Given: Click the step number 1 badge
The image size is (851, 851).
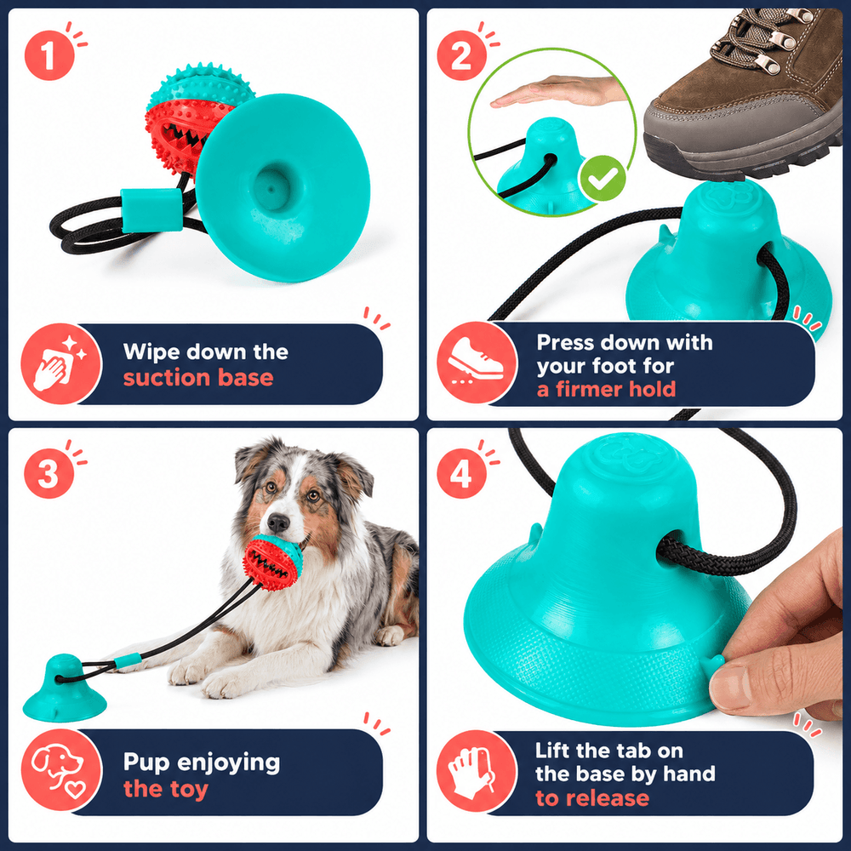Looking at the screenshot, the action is (x=49, y=55).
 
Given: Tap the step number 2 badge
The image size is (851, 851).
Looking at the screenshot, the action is (x=461, y=55).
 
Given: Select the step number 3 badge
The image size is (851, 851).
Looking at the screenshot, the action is (x=49, y=473).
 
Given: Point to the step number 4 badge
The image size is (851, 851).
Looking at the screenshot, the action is (x=461, y=473).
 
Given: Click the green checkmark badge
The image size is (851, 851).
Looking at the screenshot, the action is (x=603, y=179).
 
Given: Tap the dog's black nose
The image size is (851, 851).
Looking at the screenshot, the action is (x=278, y=523).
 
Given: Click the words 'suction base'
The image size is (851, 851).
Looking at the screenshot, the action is (x=198, y=378).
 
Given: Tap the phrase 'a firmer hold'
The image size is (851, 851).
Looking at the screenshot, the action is (x=606, y=389).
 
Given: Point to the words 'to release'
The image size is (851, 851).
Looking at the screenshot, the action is (x=592, y=798).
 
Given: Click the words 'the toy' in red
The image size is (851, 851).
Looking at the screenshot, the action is (x=166, y=789).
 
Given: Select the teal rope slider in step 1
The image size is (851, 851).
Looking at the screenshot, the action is (x=151, y=210).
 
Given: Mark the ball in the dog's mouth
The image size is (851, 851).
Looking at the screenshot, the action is (x=272, y=562).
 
